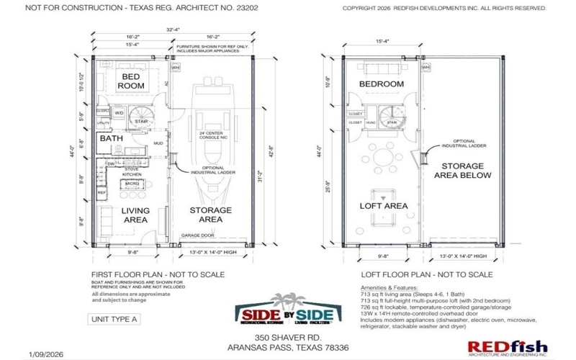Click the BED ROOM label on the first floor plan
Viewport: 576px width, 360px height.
(132, 81)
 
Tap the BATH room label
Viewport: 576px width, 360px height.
(111, 138)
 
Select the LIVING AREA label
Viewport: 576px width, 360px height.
(135, 215)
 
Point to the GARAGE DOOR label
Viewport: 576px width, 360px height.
(199, 235)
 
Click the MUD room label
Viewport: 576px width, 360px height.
(158, 143)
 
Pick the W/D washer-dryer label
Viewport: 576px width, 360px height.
(119, 113)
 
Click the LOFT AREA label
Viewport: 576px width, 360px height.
(384, 206)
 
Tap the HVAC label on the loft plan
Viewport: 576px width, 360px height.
(373, 123)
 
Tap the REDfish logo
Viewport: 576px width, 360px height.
(507, 348)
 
